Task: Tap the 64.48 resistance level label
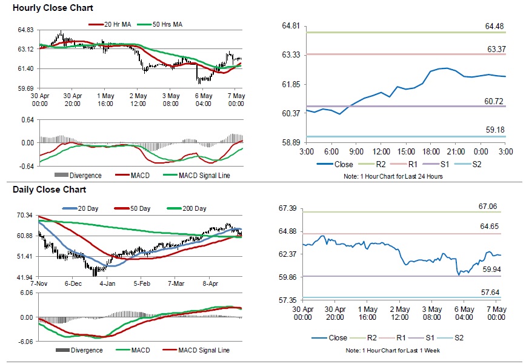(494, 26)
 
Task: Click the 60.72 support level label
(494, 101)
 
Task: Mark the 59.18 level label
(494, 130)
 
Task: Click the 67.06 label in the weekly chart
(488, 207)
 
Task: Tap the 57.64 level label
(490, 292)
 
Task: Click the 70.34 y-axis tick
(25, 215)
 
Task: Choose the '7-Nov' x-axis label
(39, 283)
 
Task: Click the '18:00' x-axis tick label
(431, 151)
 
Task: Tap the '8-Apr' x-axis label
(210, 283)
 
